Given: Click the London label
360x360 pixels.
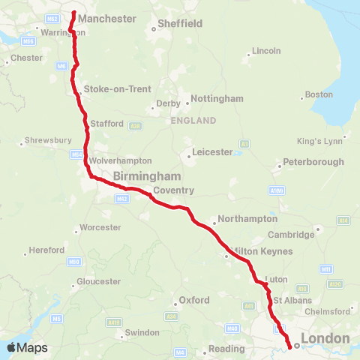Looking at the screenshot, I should [325, 339].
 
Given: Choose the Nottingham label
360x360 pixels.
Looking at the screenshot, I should [217, 99].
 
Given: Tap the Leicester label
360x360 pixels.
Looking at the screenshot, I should [213, 151].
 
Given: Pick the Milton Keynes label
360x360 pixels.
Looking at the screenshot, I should [262, 251].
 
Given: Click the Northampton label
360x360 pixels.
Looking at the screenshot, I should [247, 220].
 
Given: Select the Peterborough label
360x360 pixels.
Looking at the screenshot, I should [313, 162].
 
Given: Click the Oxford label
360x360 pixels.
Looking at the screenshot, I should [193, 301].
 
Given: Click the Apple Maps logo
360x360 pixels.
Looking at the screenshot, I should [27, 348].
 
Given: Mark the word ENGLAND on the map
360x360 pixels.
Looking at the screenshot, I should [193, 121].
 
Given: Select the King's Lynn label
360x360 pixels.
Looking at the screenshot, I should [319, 141].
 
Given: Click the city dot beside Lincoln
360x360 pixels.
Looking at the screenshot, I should [249, 53].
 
